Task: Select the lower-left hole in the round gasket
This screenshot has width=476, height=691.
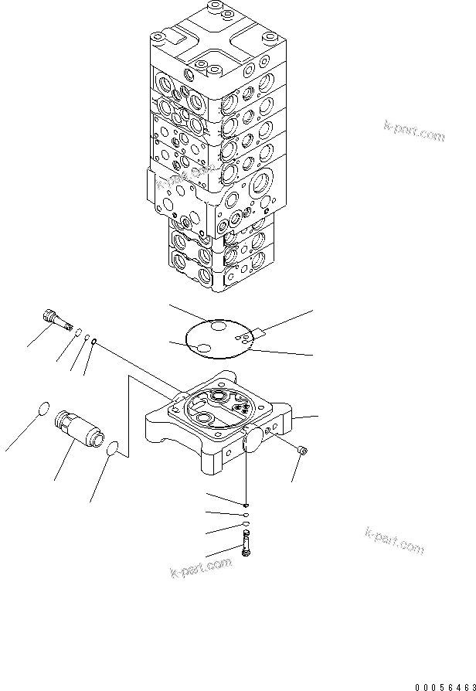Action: [x=204, y=350]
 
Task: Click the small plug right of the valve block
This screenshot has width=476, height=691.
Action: [x=302, y=450]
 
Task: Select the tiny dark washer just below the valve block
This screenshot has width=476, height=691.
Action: [x=245, y=505]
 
